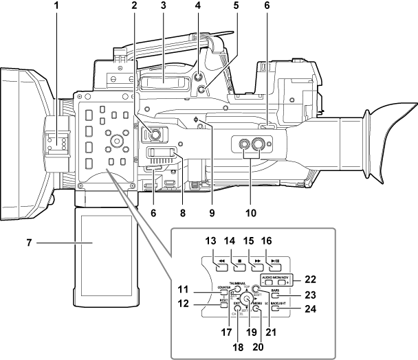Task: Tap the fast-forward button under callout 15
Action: tap(255, 261)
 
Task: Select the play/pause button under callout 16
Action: tap(275, 261)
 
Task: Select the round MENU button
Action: tap(256, 309)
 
